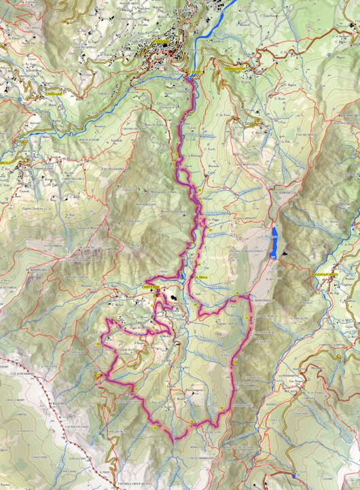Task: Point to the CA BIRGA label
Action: (x=202, y=278)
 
